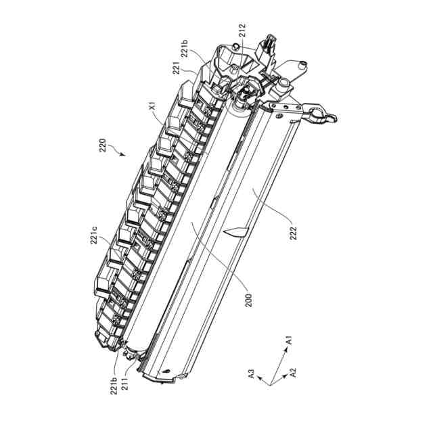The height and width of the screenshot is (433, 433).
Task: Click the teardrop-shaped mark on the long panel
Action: coord(233,232)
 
